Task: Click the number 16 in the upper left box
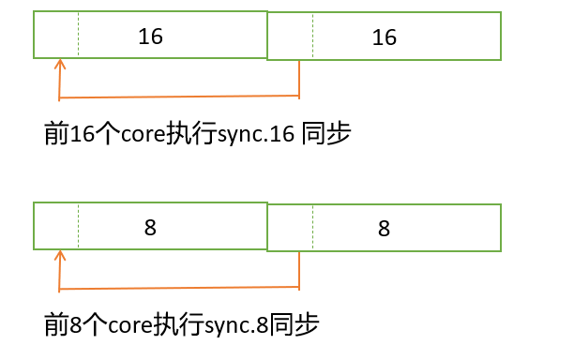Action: click(150, 37)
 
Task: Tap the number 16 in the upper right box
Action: click(385, 37)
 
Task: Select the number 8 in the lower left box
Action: click(150, 227)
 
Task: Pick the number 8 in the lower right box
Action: click(385, 228)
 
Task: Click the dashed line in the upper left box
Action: click(79, 35)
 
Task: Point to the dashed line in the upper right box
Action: click(313, 37)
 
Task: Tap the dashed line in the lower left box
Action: click(79, 225)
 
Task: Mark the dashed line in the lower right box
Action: click(313, 228)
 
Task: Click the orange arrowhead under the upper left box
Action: click(60, 65)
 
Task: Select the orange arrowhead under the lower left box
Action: click(60, 255)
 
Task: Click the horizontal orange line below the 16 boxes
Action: click(178, 97)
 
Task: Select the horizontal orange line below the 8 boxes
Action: click(178, 288)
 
